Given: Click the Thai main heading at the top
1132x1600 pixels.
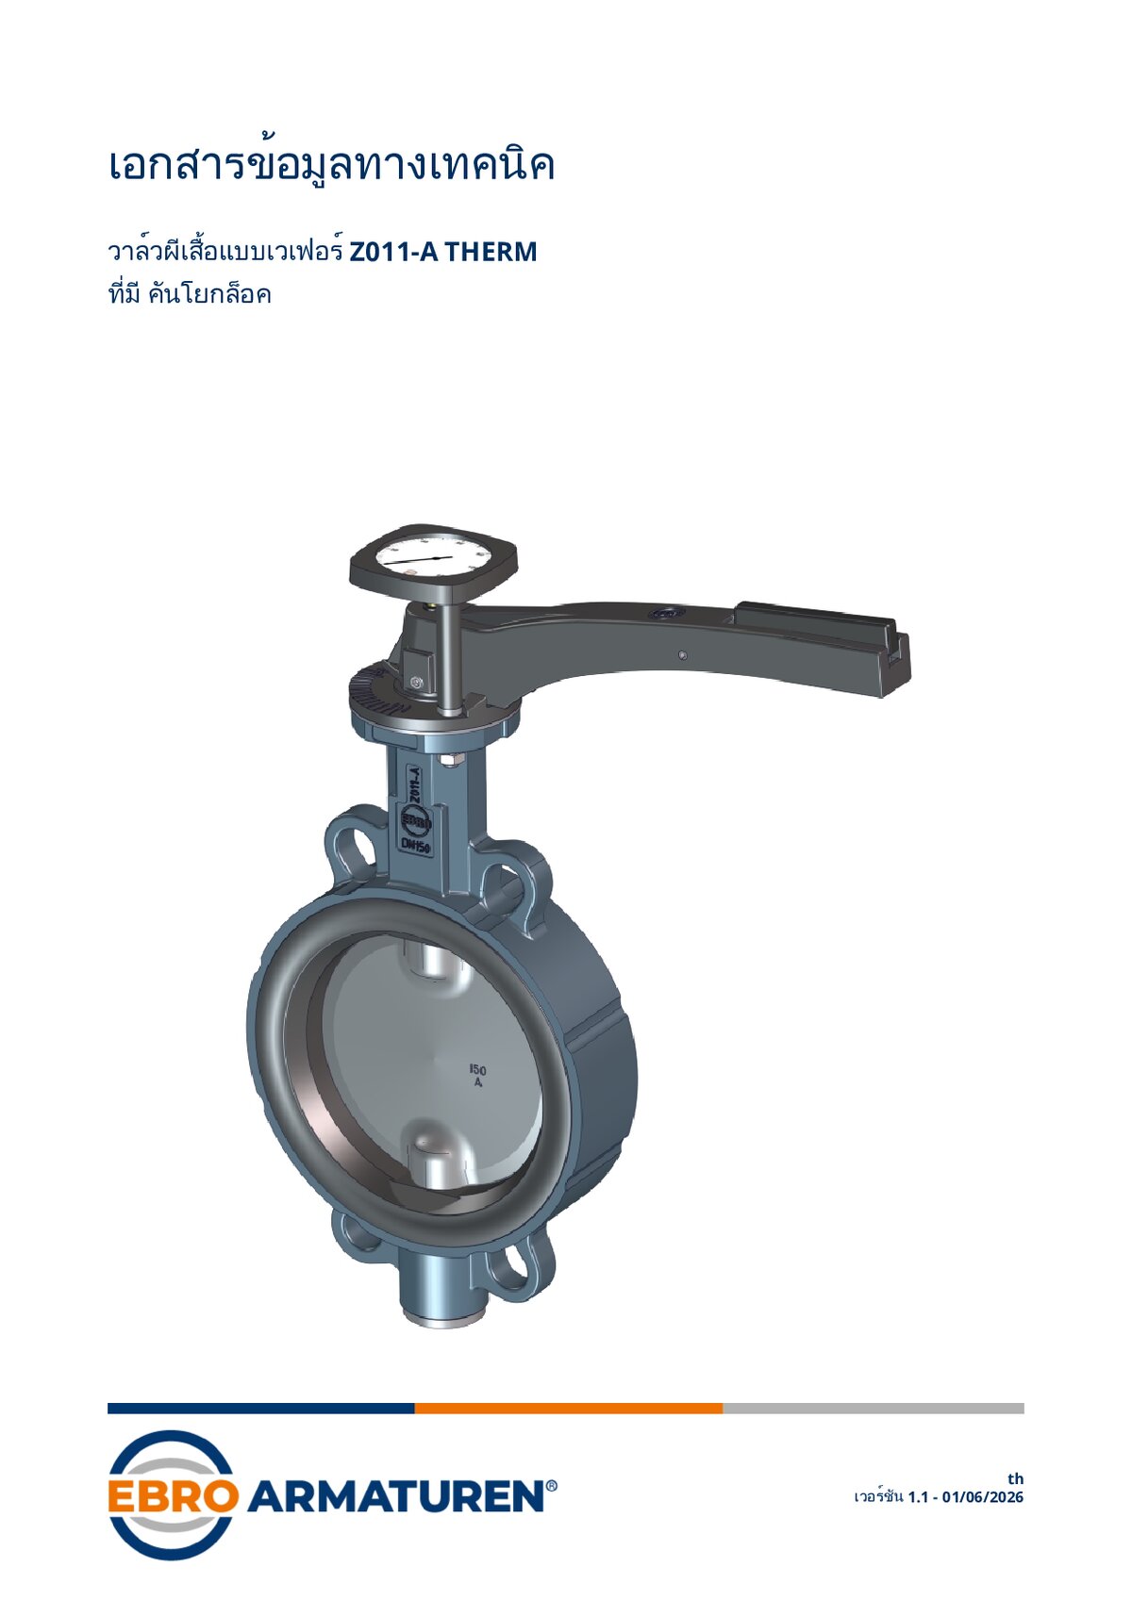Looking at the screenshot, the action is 331,165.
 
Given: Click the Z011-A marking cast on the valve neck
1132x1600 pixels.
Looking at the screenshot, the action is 413,784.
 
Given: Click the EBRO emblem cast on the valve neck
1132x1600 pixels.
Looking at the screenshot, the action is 414,821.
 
